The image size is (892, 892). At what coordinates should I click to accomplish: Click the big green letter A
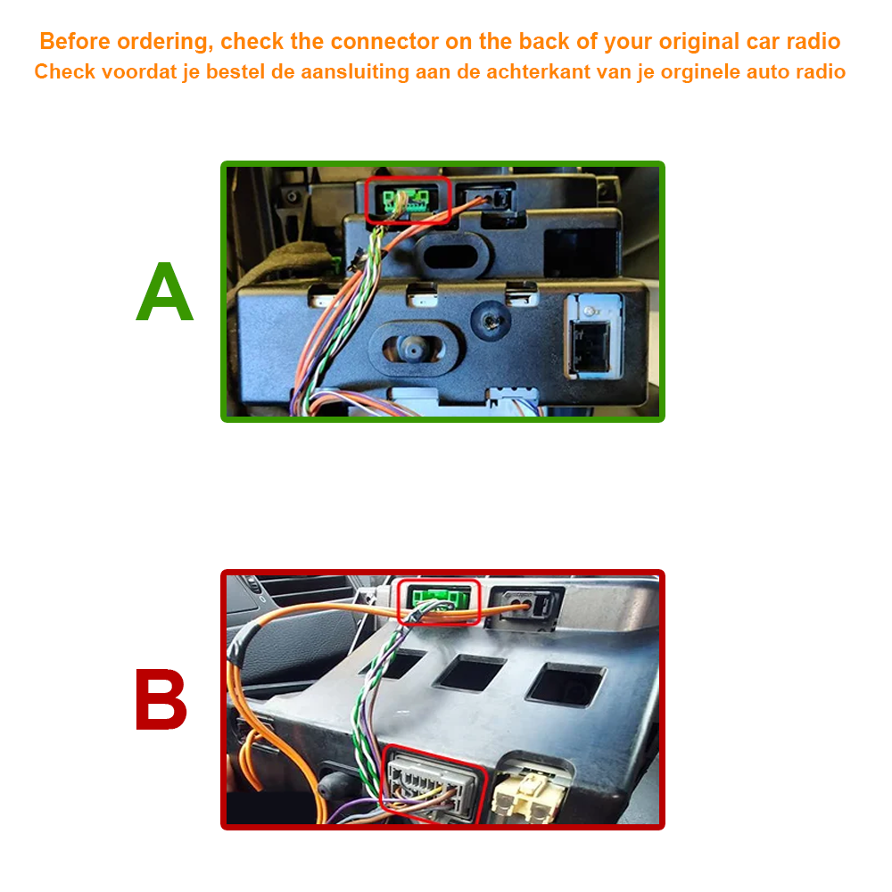point(165,292)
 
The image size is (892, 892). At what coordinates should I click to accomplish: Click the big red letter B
point(161,699)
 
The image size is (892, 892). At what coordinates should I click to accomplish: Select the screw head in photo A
point(491,321)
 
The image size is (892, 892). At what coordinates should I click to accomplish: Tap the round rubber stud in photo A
point(413,348)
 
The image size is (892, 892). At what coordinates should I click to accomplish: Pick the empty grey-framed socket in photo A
point(593,336)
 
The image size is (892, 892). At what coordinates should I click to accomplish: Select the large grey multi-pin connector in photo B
point(431,784)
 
